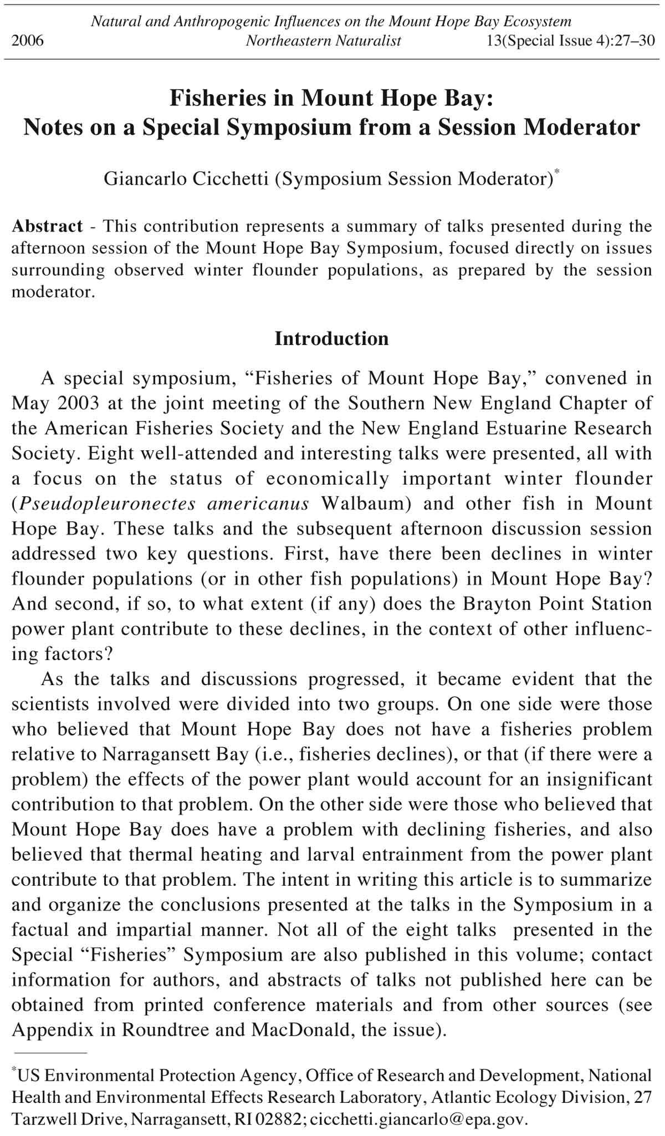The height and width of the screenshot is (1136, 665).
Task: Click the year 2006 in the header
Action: click(x=27, y=41)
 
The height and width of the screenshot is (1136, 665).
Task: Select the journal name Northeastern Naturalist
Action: click(x=324, y=41)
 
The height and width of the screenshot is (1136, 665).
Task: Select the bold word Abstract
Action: click(x=47, y=226)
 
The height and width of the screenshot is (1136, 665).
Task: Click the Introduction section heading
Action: click(x=331, y=338)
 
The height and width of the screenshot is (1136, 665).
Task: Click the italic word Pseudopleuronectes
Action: click(x=108, y=503)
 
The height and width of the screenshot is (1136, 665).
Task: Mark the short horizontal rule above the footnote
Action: click(x=50, y=1051)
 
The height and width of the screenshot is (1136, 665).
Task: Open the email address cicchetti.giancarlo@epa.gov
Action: click(x=417, y=1119)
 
